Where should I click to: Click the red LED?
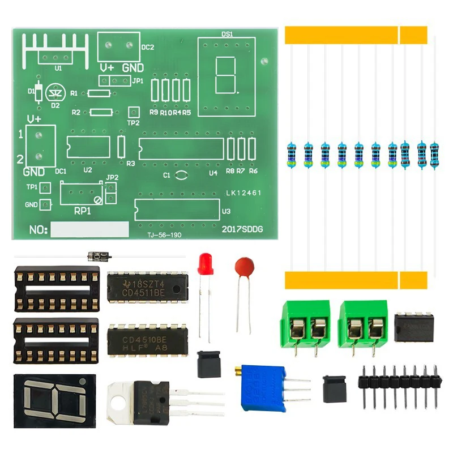pyautogui.click(x=205, y=264)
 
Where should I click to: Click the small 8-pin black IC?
pyautogui.click(x=413, y=328)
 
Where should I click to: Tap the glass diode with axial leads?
pyautogui.click(x=99, y=256)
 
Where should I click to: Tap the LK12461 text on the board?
pyautogui.click(x=243, y=193)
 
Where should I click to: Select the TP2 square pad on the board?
pyautogui.click(x=134, y=112)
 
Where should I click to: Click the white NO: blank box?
pyautogui.click(x=90, y=229)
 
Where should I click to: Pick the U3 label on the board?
pyautogui.click(x=226, y=211)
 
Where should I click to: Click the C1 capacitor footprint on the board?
pyautogui.click(x=181, y=176)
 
